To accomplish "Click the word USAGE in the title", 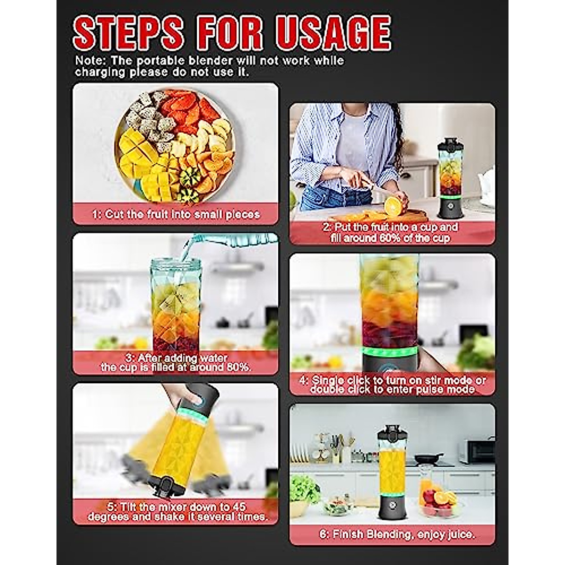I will [333, 33].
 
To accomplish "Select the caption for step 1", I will [176, 214].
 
